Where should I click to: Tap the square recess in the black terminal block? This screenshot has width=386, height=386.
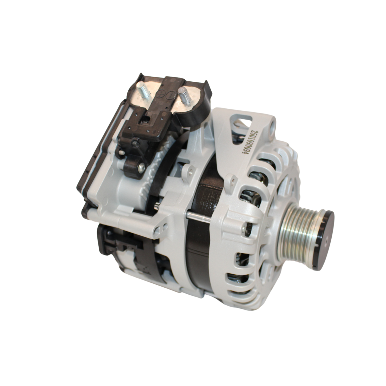144,121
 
